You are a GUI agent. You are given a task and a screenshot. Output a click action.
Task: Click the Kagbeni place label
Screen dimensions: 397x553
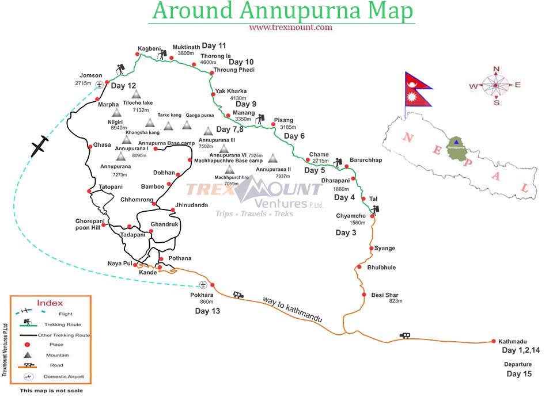[x=149, y=48]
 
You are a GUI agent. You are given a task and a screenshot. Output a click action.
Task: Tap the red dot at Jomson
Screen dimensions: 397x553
[x=107, y=82]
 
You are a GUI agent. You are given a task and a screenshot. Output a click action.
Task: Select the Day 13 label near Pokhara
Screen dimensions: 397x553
[x=207, y=311]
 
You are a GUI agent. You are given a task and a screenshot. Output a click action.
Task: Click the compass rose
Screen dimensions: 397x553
[x=495, y=85]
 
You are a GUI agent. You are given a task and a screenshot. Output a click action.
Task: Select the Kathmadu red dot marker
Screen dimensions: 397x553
[x=493, y=341]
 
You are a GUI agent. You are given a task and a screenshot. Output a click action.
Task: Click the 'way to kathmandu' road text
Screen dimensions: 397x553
[x=292, y=310]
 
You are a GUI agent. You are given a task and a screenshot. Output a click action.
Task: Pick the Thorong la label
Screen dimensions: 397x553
[x=215, y=56]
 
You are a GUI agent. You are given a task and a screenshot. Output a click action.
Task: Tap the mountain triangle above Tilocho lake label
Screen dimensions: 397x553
[x=136, y=94]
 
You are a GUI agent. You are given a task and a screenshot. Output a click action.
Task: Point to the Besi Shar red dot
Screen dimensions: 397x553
[x=364, y=295]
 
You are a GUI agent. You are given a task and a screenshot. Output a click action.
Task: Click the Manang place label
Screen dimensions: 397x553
[x=244, y=113]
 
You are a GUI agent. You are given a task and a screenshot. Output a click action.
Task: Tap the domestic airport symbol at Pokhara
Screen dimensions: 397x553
[x=203, y=285]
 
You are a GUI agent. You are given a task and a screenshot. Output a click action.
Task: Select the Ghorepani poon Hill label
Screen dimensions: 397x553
[x=88, y=224]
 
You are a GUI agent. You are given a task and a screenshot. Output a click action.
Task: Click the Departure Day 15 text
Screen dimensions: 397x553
[x=518, y=369]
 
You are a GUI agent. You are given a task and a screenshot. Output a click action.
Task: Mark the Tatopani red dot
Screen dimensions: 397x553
[x=89, y=191]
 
